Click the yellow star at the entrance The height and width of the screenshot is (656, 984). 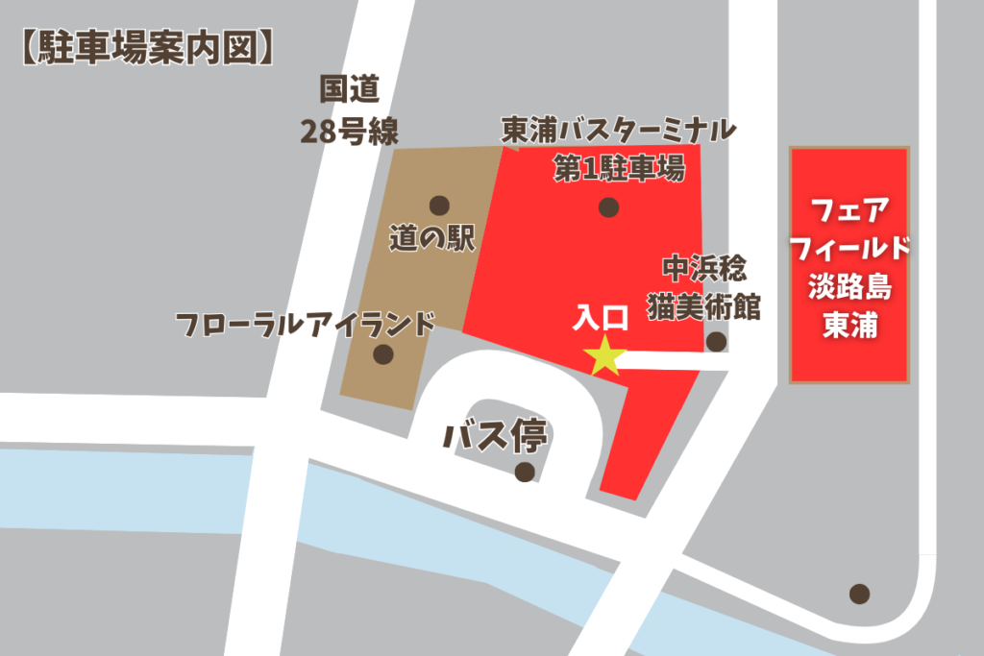click(605, 355)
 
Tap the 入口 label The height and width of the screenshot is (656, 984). click(602, 317)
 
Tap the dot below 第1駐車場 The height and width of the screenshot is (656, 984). click(607, 207)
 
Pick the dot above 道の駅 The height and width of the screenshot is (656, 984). click(439, 205)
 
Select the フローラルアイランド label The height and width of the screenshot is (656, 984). click(307, 323)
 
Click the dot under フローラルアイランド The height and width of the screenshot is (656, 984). click(383, 354)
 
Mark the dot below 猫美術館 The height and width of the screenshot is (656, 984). click(716, 341)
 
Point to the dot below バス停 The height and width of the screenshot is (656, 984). click(525, 472)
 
